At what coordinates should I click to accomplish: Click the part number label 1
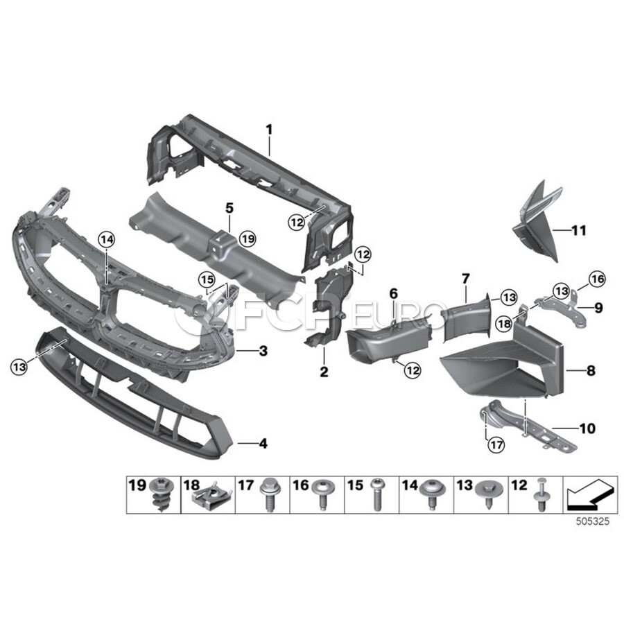point(270,130)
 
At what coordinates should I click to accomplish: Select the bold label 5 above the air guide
point(229,208)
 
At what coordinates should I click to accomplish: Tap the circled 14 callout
point(107,239)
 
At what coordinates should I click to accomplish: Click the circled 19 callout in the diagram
point(248,239)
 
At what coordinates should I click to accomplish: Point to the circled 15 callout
point(207,279)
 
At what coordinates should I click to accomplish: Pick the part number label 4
point(263,443)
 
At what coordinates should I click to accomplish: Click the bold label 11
point(579,230)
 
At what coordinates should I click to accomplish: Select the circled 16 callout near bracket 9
point(596,279)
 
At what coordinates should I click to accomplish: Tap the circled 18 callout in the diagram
point(504,324)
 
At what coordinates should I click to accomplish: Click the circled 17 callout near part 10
point(496,444)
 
